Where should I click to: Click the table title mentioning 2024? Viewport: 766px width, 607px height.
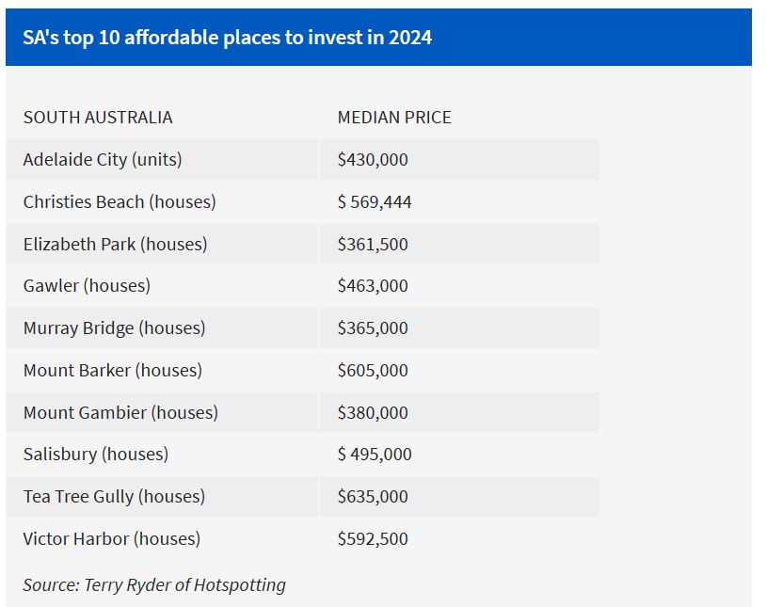click(x=227, y=39)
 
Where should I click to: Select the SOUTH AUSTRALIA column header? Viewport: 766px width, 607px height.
click(x=98, y=118)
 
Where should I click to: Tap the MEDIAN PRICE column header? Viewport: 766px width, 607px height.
click(x=394, y=118)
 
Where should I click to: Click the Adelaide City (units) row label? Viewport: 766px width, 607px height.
click(x=103, y=160)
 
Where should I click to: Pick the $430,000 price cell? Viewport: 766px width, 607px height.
click(x=373, y=160)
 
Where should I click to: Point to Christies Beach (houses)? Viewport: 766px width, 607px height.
click(x=120, y=202)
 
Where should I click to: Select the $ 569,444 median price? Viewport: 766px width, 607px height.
click(x=375, y=202)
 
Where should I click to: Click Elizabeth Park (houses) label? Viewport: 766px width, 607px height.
click(x=115, y=245)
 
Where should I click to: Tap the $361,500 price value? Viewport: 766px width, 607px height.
click(x=373, y=245)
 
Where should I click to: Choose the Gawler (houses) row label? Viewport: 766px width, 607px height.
click(x=87, y=286)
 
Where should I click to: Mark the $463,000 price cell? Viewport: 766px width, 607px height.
click(x=373, y=286)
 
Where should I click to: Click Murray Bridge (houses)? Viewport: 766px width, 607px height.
click(x=114, y=328)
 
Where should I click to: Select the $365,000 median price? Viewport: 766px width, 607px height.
click(x=373, y=328)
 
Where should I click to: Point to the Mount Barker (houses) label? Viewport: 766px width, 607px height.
click(x=113, y=371)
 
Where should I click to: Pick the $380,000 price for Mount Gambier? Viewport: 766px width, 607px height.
click(x=373, y=412)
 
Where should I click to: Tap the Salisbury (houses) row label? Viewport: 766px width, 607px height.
click(x=96, y=455)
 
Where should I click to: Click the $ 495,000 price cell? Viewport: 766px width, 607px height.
click(x=375, y=455)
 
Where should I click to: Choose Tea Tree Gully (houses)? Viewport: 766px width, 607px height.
click(x=114, y=497)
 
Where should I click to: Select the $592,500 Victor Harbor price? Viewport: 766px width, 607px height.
click(x=373, y=539)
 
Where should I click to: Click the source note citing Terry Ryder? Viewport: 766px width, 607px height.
click(x=154, y=584)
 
